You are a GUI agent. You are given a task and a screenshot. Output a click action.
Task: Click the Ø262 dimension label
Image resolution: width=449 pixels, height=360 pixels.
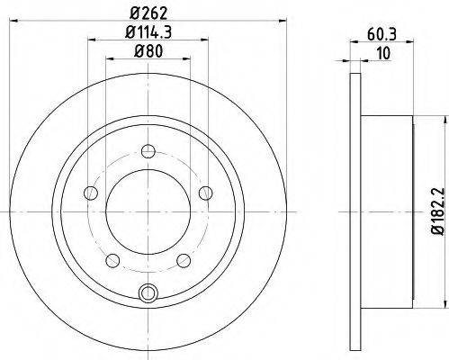click(x=148, y=13)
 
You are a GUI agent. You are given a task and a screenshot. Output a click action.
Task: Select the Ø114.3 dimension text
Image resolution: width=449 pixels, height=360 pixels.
click(x=148, y=32)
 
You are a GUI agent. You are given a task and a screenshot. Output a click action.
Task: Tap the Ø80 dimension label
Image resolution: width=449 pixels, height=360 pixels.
click(x=148, y=51)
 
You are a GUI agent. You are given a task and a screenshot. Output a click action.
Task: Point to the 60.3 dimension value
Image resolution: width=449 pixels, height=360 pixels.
click(x=382, y=35)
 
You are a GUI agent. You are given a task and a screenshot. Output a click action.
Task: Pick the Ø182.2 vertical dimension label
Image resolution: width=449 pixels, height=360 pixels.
click(x=436, y=211)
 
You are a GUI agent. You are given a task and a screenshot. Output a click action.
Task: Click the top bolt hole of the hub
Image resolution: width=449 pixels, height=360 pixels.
click(x=148, y=151)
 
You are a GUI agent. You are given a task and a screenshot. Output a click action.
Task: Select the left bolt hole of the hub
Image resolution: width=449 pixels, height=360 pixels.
click(x=91, y=193)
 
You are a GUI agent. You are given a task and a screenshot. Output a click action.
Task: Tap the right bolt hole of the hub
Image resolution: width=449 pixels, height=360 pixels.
click(x=206, y=193)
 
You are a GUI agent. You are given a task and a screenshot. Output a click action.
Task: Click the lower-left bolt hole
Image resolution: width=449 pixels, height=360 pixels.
click(x=112, y=260)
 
